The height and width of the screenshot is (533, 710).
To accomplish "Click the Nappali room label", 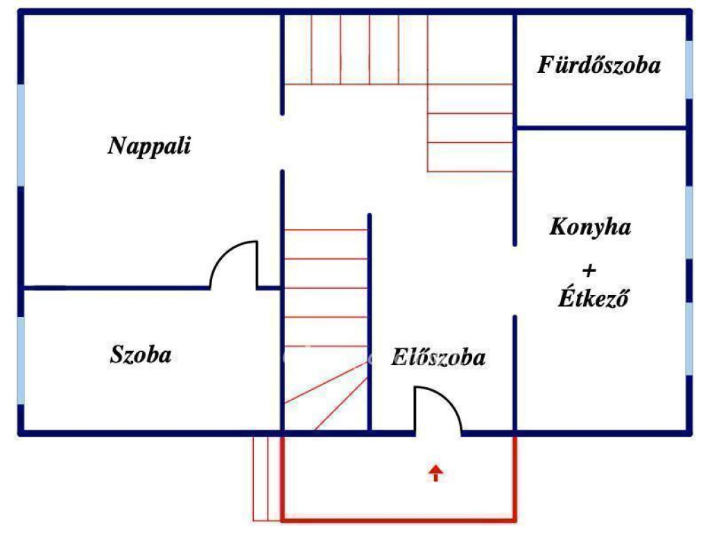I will point(149,146).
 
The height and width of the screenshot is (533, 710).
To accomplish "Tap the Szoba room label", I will point(141,355).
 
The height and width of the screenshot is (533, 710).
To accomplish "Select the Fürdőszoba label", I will point(599,66).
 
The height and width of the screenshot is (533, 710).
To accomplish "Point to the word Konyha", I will point(590,227).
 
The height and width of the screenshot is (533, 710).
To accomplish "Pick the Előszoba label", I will point(438,358).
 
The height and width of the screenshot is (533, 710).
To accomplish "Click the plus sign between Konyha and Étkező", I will point(589,270).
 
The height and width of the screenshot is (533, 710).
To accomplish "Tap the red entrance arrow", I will point(435,473).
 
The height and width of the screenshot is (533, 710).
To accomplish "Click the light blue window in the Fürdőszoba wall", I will point(689,69).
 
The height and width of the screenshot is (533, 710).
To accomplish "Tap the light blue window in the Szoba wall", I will point(21,360).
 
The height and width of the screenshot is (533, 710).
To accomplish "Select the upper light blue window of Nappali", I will point(21,135).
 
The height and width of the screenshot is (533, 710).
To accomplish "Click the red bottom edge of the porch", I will point(399,518).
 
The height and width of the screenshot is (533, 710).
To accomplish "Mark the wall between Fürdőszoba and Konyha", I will point(600,128).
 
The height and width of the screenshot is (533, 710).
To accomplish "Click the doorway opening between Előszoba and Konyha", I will point(514,280).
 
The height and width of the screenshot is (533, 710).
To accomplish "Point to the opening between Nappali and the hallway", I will point(282,142).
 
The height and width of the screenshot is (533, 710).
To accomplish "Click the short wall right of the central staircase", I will point(370,319).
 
